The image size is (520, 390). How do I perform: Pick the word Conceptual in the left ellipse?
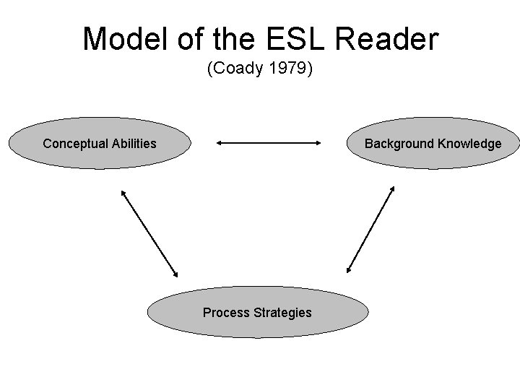point(76,144)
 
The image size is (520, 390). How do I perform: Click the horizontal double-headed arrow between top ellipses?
point(268,143)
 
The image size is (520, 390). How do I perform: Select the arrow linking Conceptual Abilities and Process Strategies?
point(149,233)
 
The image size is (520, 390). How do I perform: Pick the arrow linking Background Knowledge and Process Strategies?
point(370,229)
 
